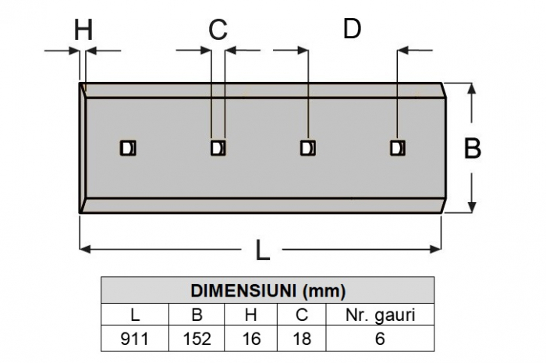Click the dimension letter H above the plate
(x=83, y=30)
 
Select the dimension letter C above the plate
(x=218, y=30)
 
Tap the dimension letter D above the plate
(x=353, y=29)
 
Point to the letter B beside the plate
(x=473, y=148)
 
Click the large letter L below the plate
(x=264, y=251)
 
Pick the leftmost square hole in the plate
(x=127, y=148)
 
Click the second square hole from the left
(x=218, y=148)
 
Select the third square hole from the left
(x=308, y=148)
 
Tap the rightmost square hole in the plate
(x=398, y=148)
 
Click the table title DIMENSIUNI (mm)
(x=268, y=291)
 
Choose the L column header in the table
(x=135, y=315)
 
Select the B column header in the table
(x=197, y=315)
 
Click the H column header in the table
(x=250, y=315)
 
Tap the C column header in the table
(x=301, y=315)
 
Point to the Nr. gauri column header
(x=380, y=315)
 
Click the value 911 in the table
(x=135, y=340)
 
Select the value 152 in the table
(x=197, y=340)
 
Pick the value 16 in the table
(x=250, y=340)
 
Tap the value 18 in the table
(x=301, y=340)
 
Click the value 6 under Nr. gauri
(x=380, y=340)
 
